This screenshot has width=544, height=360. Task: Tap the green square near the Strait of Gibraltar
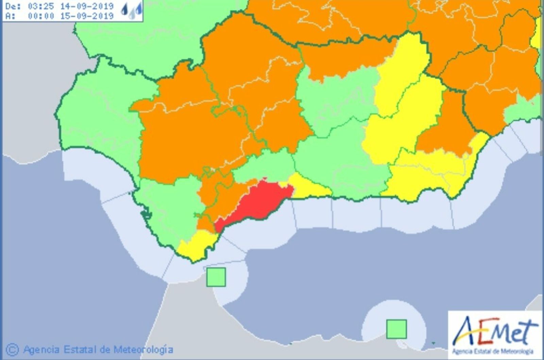216,277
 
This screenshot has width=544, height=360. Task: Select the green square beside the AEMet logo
396,329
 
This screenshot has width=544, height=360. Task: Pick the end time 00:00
41,16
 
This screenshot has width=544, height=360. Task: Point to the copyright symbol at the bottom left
12,349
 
